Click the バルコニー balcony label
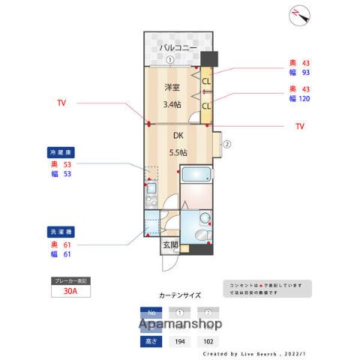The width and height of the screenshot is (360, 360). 178,48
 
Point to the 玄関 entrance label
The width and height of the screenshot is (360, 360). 170,245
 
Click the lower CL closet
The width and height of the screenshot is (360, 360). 206,106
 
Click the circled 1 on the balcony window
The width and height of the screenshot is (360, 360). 170,61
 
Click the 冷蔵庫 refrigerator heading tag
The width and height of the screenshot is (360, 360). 61,152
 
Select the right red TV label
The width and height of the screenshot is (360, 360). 300,126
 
